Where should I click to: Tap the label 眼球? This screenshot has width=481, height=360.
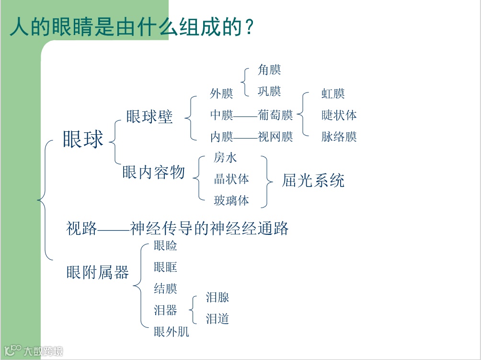[83, 139]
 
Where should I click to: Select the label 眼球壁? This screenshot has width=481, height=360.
[149, 117]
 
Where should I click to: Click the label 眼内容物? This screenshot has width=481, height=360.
[153, 172]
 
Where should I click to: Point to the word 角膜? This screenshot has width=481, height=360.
[269, 70]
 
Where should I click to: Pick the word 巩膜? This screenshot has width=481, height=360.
[269, 91]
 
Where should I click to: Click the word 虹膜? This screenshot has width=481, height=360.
[333, 94]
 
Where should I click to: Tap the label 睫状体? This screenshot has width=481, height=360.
[339, 116]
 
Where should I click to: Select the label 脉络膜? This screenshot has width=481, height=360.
[339, 137]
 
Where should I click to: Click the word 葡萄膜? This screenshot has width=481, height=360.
[275, 116]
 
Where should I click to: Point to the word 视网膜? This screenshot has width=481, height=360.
[275, 137]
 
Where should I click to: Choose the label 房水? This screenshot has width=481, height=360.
[225, 158]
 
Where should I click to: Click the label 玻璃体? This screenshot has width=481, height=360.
[231, 200]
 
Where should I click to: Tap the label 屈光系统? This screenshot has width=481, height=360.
[313, 180]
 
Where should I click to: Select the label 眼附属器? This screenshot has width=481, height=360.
[98, 273]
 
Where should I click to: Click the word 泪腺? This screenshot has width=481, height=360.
[218, 298]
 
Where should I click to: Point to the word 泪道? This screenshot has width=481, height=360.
[218, 319]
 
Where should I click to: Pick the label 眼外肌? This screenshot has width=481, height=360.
[172, 332]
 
